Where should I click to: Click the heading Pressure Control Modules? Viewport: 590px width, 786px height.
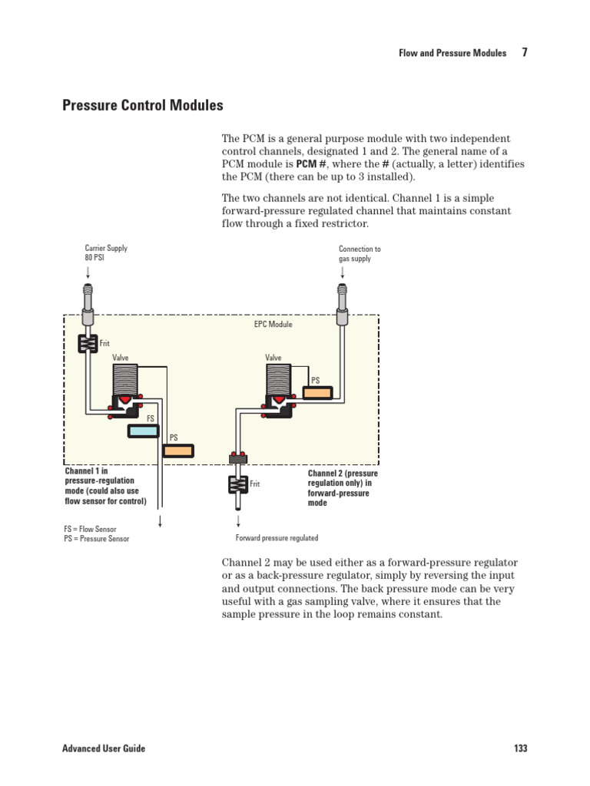tap(143, 105)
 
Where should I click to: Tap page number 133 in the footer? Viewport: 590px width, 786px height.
tap(519, 748)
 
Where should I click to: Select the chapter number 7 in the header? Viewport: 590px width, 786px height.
tap(524, 53)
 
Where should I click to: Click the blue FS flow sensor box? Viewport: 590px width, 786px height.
tap(144, 431)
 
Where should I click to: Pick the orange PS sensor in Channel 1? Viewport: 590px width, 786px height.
tap(179, 451)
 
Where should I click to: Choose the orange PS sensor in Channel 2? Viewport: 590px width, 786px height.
tap(317, 392)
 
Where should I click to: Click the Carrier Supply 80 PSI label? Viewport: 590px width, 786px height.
tap(105, 253)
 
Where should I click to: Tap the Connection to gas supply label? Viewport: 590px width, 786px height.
tap(360, 254)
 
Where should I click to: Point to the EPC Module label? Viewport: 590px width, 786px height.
tap(273, 325)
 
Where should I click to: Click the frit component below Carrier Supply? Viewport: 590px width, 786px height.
tap(88, 343)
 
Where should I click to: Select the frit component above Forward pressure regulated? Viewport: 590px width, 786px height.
tap(237, 484)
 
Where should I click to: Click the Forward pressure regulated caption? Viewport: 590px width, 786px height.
tap(277, 538)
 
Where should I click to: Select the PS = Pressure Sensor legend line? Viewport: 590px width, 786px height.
tap(97, 539)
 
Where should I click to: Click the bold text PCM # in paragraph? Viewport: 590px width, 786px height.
tap(307, 165)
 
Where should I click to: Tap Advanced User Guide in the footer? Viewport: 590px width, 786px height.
tap(104, 748)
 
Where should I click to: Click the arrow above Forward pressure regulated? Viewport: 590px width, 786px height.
tap(237, 520)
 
